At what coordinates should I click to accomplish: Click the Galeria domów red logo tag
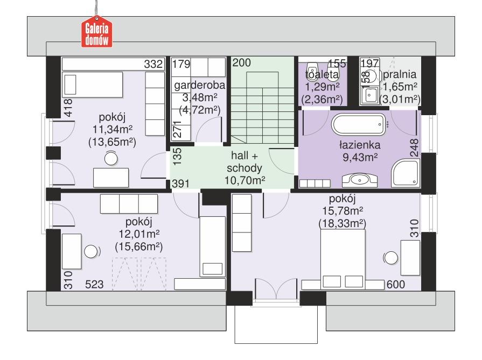click(97, 33)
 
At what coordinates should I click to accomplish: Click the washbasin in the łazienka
click(357, 179)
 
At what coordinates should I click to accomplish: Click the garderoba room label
click(199, 85)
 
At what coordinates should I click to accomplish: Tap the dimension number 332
click(153, 64)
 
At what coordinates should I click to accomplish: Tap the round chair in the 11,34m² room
click(111, 158)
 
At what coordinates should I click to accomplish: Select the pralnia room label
click(400, 74)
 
